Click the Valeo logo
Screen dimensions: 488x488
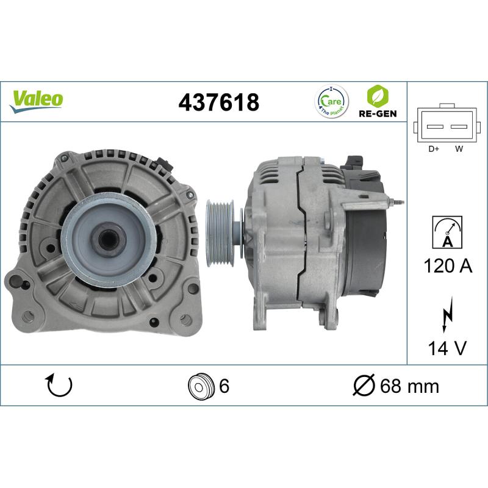pos(37,99)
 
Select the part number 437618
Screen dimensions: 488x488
pos(218,102)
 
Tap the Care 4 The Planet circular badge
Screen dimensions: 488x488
pos(331,101)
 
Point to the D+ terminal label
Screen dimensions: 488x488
pos(434,148)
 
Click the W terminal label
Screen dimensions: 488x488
pos(459,148)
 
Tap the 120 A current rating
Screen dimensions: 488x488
pos(447,266)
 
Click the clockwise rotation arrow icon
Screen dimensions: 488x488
pos(59,386)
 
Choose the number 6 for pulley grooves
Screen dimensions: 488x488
pos(224,386)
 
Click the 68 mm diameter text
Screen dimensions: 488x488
pos(409,386)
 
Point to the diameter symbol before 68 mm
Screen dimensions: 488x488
pos(364,386)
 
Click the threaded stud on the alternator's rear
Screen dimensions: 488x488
pos(398,203)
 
